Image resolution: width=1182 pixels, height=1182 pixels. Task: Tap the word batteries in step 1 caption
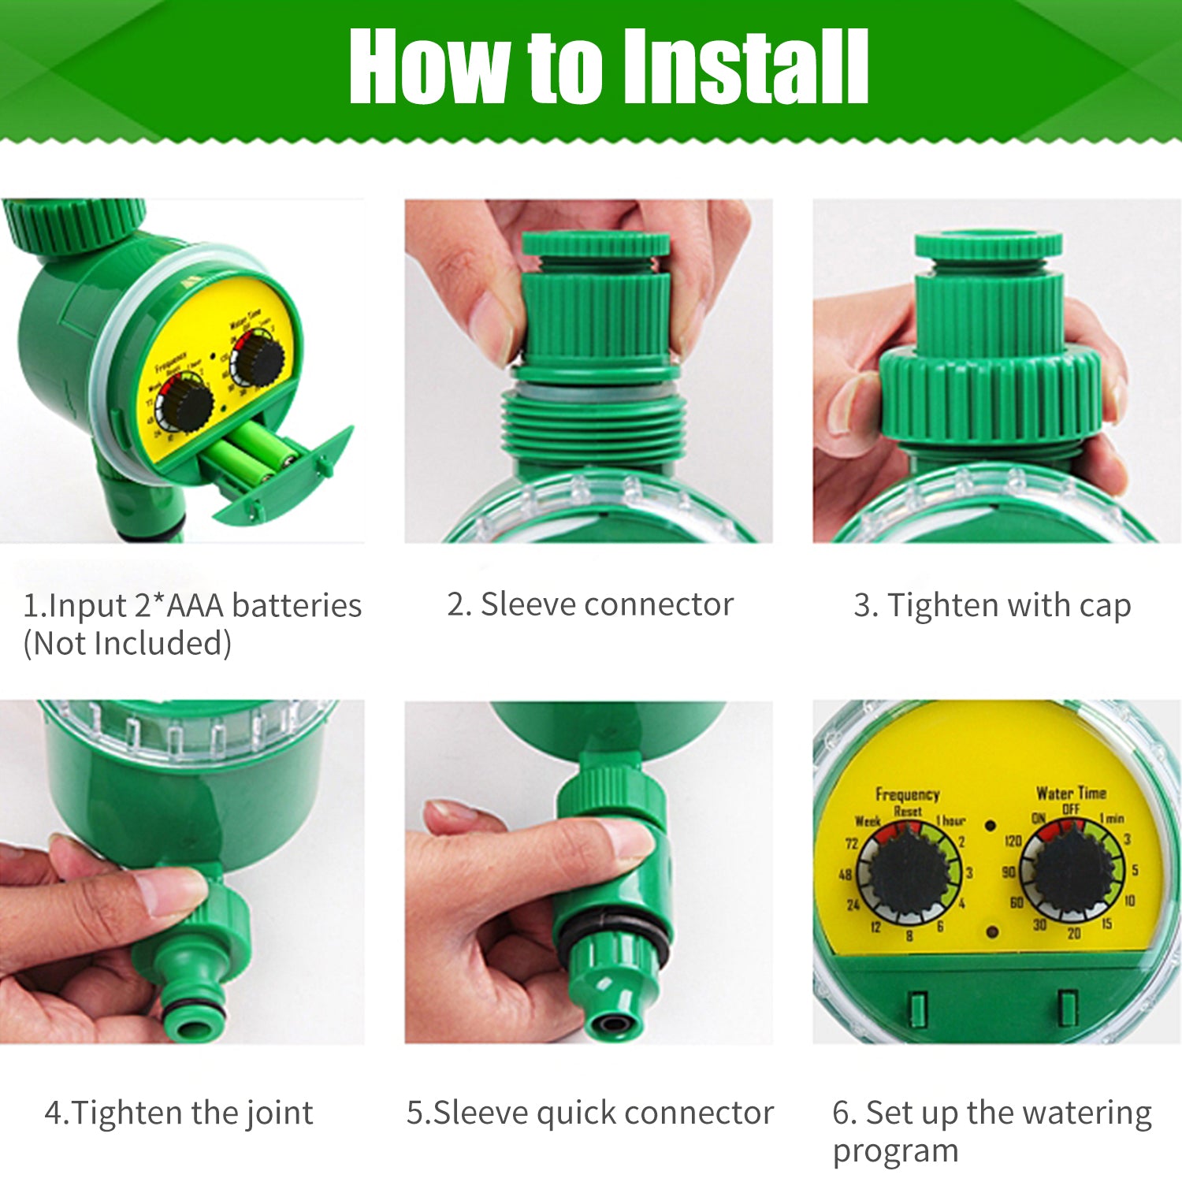(x=297, y=606)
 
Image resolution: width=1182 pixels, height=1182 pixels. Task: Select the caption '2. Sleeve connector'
(x=590, y=604)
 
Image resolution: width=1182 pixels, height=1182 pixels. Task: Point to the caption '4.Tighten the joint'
(x=179, y=1113)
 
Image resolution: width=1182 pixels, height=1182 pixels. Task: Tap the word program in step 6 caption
(x=895, y=1150)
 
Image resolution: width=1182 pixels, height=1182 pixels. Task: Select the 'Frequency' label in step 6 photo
(x=907, y=794)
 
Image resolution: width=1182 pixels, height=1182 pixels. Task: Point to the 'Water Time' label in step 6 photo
(x=1071, y=793)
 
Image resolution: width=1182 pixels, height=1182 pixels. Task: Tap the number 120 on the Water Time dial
(x=1012, y=841)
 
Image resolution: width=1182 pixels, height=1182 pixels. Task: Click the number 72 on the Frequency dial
(x=851, y=843)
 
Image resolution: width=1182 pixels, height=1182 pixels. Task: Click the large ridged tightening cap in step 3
(x=991, y=394)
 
